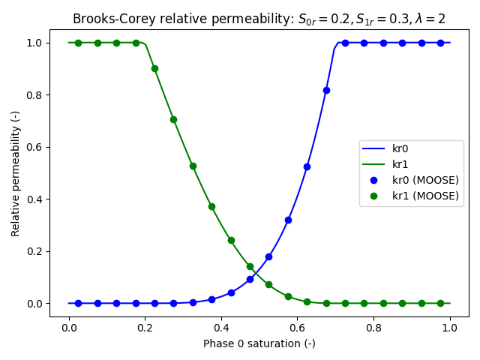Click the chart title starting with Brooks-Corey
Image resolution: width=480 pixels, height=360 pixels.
tap(259, 19)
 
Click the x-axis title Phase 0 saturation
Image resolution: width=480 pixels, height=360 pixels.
tap(259, 343)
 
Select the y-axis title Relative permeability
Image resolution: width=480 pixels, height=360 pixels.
tap(16, 176)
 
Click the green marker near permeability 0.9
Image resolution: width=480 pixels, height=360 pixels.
tap(154, 68)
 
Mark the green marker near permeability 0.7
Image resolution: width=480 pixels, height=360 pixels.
tap(173, 119)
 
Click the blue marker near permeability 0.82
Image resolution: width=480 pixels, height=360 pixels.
tap(326, 90)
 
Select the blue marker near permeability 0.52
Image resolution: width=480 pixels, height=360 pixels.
tap(307, 166)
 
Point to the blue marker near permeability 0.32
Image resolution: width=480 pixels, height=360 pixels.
tap(288, 220)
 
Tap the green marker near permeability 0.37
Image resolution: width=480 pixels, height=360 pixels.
tap(211, 206)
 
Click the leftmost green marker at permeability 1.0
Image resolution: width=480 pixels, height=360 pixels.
tap(78, 43)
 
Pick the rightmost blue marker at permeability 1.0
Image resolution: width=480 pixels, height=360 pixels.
tap(440, 43)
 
